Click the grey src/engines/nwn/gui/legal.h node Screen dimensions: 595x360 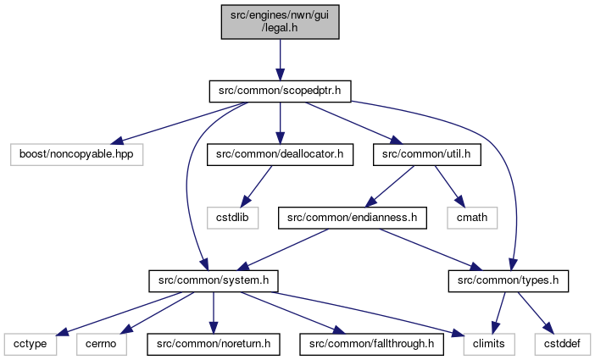point(280,22)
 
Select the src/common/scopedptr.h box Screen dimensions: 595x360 point(280,91)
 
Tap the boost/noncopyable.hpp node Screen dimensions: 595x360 point(76,154)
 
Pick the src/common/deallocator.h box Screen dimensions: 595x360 point(280,154)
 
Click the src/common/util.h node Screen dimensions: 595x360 point(427,154)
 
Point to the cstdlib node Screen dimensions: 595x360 point(232,218)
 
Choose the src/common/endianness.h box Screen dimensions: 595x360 point(352,218)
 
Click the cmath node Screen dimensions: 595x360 point(472,218)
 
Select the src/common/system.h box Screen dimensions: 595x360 point(214,281)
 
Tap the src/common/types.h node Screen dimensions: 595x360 point(508,281)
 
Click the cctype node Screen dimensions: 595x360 point(31,345)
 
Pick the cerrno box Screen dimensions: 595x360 point(101,345)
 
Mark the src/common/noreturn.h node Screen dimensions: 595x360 point(214,345)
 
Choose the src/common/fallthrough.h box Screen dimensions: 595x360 point(371,345)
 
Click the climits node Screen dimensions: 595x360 point(489,345)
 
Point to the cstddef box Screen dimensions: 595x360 point(562,345)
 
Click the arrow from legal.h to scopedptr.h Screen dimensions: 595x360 point(280,59)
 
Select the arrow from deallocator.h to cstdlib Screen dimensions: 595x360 point(257,186)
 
